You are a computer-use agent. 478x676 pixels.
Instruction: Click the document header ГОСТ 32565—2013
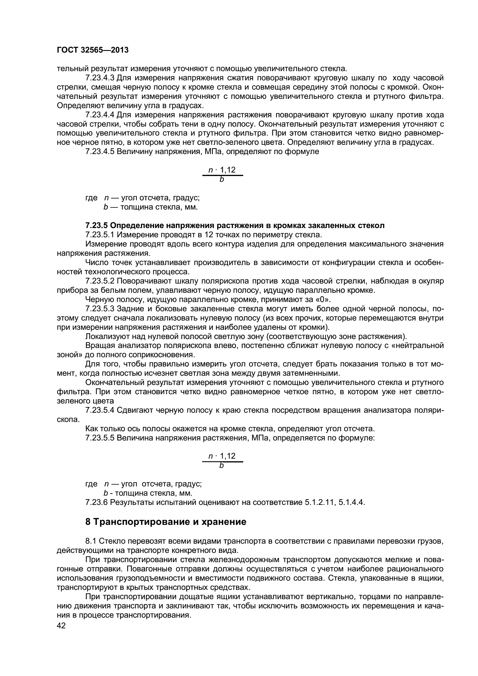pos(93,50)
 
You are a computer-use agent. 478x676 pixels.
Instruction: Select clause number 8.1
pos(91,541)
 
